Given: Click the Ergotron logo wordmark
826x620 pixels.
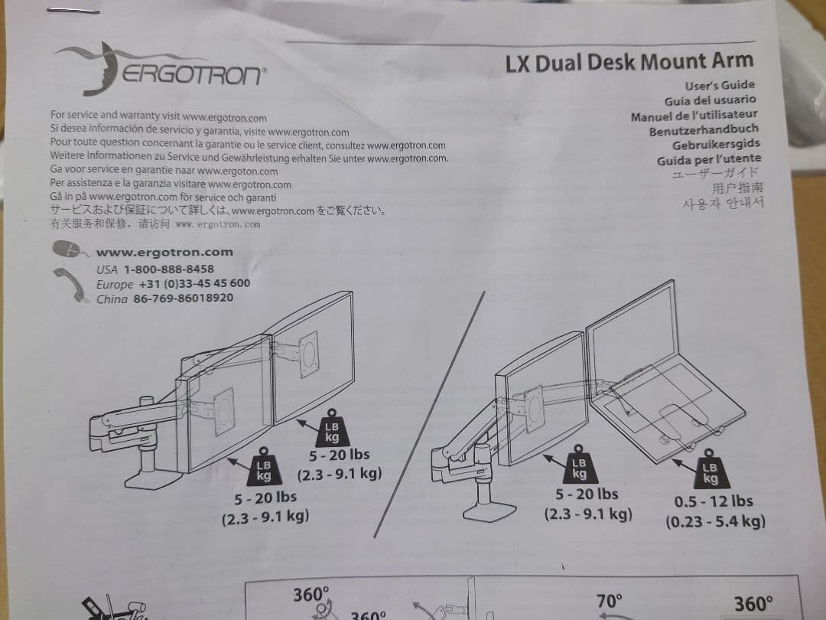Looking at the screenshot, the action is click(x=193, y=74).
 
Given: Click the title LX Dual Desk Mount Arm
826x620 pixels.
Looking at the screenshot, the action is click(x=629, y=62).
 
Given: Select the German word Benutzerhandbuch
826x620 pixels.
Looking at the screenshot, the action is click(x=704, y=130).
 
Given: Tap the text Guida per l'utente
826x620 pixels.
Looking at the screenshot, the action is click(x=708, y=159).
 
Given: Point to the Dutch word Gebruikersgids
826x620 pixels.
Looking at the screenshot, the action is click(x=716, y=145).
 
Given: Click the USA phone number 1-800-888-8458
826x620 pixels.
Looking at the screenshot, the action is click(x=168, y=269).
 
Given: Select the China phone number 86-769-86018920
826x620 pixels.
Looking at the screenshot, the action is click(x=183, y=298).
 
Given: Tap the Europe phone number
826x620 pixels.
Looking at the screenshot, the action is click(x=194, y=283).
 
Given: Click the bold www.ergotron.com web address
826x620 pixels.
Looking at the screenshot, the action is click(x=164, y=253).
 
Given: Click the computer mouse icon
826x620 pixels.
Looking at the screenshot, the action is click(x=69, y=248).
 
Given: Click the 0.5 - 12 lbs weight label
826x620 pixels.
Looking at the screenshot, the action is click(x=714, y=501).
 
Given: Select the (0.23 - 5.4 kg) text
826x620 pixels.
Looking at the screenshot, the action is click(x=715, y=522).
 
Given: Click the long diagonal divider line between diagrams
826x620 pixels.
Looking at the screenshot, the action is click(x=429, y=414).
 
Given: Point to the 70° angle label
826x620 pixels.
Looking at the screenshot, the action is click(x=609, y=601).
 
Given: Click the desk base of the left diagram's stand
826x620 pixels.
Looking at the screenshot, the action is click(x=153, y=480).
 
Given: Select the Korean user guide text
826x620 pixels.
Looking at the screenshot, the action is click(x=722, y=204).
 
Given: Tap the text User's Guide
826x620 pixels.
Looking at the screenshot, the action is click(x=720, y=85).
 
